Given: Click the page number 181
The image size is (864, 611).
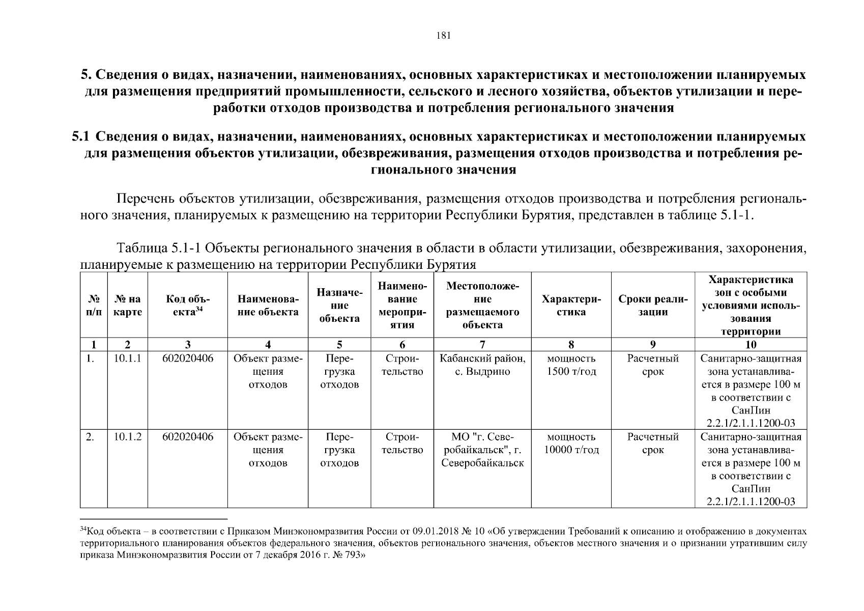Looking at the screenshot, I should [444, 36].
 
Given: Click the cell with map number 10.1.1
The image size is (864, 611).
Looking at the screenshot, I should [127, 358].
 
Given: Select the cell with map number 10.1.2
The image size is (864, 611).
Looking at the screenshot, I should [127, 437].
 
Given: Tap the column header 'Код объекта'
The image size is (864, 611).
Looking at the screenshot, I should [187, 305].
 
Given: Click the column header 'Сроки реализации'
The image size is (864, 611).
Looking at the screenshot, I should [653, 305].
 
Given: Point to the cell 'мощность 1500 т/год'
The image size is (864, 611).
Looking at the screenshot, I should [571, 365].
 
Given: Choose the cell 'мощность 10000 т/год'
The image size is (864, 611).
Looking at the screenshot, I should [571, 443].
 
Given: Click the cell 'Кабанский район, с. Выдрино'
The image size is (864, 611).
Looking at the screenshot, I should [482, 365].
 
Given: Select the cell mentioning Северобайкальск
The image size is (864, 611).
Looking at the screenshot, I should [482, 450].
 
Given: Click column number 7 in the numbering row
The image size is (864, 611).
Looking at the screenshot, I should [482, 345].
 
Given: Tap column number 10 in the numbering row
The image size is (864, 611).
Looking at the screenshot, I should [751, 345].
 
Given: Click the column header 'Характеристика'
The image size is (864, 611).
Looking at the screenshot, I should [571, 305].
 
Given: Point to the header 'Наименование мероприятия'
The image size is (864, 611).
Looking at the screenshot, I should [402, 305].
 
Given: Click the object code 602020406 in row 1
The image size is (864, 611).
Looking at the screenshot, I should [187, 358].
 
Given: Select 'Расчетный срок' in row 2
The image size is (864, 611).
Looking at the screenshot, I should [653, 443].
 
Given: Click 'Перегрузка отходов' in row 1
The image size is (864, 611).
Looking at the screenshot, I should [339, 372].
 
